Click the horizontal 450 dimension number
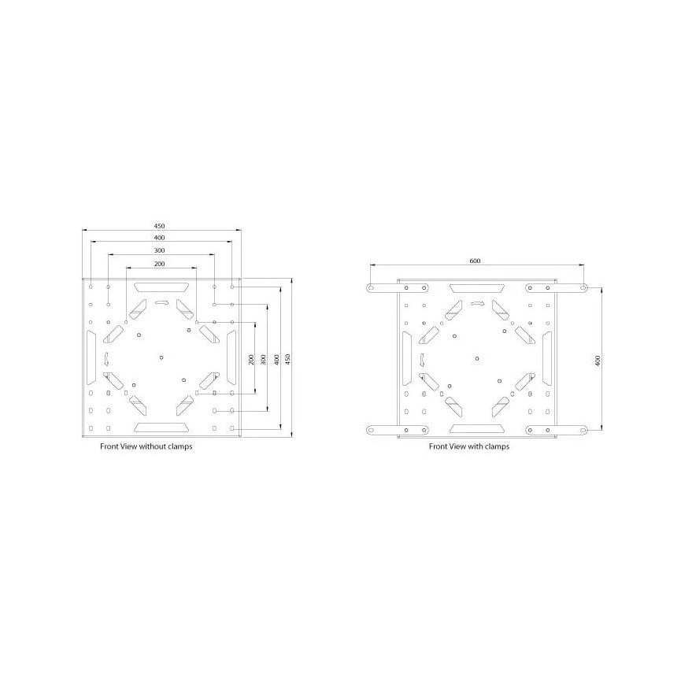[x=161, y=225]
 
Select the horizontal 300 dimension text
[x=160, y=250]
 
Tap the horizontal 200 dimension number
[x=159, y=263]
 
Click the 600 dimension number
[x=475, y=261]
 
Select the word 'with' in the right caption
[x=476, y=446]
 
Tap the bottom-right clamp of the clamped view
[x=557, y=429]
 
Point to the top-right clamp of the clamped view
[x=557, y=288]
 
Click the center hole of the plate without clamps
[x=161, y=358]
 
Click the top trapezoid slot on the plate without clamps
[x=161, y=288]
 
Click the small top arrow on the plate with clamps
[x=478, y=302]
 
